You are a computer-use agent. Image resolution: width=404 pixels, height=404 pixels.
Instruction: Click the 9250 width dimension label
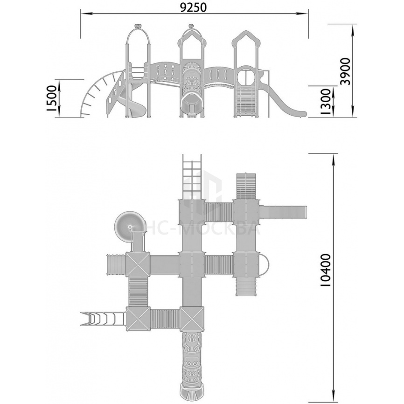(193, 8)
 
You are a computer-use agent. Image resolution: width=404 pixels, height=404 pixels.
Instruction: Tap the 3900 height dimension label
(345, 71)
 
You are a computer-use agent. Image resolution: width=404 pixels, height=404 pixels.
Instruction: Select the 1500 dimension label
(52, 98)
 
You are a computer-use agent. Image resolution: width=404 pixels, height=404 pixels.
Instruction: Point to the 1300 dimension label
(326, 102)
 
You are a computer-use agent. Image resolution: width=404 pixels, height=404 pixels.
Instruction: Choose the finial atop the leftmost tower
(138, 26)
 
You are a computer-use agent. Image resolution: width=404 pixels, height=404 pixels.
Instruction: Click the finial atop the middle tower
(191, 26)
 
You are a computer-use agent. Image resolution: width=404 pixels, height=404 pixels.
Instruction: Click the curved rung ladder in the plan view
(103, 319)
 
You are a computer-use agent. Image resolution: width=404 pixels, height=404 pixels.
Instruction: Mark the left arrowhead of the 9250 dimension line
(84, 13)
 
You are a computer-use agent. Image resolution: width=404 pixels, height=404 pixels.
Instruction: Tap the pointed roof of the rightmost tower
(245, 38)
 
